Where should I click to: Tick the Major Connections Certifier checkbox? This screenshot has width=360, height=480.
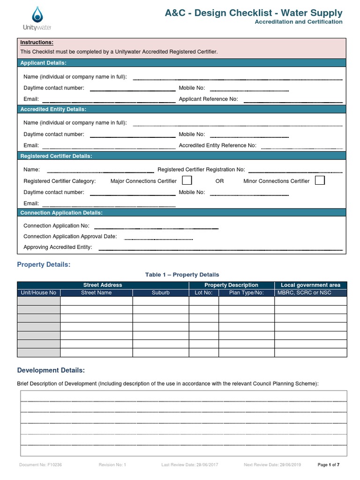[x=187, y=180]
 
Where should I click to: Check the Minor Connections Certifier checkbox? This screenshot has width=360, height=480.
[x=320, y=180]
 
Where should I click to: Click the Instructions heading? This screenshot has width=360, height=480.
[x=37, y=43]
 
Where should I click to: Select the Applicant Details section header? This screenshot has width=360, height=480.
[x=44, y=63]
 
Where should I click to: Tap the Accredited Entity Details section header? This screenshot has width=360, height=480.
[x=53, y=109]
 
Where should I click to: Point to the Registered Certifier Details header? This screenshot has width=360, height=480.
[x=56, y=156]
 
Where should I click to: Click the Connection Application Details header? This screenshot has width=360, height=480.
[x=61, y=213]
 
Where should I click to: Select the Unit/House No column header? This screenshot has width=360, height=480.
[x=39, y=292]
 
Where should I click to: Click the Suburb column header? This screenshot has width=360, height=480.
[x=160, y=292]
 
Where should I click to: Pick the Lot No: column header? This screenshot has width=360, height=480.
[x=203, y=292]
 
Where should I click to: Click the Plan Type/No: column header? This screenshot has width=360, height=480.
[x=246, y=292]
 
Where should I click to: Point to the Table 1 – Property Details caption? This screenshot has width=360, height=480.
[x=182, y=275]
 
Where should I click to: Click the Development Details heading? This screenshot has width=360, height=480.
[x=51, y=370]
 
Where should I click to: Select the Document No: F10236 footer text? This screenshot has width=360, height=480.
[x=40, y=465]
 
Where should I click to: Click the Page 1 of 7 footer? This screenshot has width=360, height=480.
[x=328, y=465]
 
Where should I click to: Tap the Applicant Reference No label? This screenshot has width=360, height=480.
[x=209, y=99]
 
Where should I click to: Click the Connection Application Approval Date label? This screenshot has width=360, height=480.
[x=70, y=237]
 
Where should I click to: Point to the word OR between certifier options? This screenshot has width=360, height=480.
[x=219, y=181]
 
